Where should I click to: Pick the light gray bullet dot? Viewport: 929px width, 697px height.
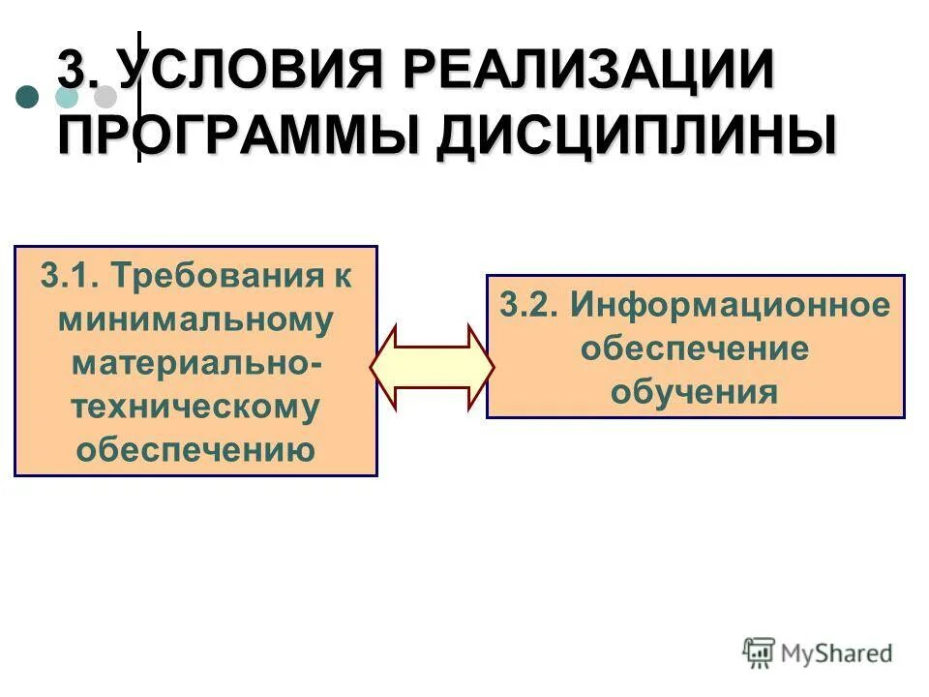pyautogui.click(x=105, y=97)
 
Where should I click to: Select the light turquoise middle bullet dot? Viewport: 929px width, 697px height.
pyautogui.click(x=68, y=97)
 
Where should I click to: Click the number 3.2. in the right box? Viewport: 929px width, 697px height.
pyautogui.click(x=528, y=306)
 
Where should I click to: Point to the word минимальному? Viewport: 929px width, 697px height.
pyautogui.click(x=195, y=320)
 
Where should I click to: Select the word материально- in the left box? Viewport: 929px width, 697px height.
pyautogui.click(x=195, y=364)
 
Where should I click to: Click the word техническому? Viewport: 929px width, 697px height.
pyautogui.click(x=195, y=408)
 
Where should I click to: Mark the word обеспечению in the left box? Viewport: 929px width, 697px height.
pyautogui.click(x=195, y=450)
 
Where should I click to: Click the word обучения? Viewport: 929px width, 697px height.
pyautogui.click(x=694, y=392)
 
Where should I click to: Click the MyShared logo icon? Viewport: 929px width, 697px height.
pyautogui.click(x=759, y=653)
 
